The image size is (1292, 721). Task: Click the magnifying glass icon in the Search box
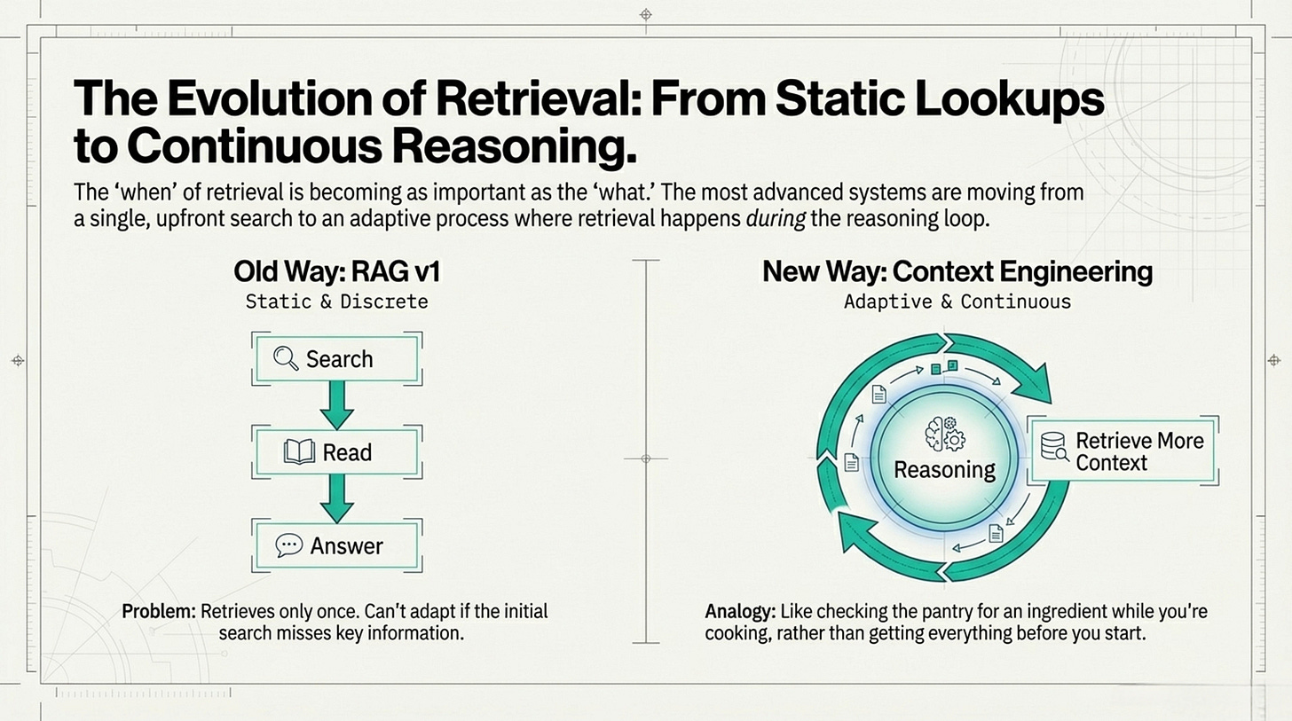(286, 359)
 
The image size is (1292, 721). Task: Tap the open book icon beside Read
(299, 452)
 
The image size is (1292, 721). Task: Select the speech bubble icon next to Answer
(289, 545)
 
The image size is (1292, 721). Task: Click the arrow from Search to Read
(336, 404)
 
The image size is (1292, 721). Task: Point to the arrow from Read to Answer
(336, 498)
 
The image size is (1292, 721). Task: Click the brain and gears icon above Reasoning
(944, 434)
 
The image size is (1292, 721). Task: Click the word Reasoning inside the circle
(944, 469)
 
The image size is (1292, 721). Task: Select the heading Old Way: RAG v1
(336, 271)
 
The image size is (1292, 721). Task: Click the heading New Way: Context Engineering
(957, 271)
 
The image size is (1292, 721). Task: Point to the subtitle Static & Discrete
(336, 302)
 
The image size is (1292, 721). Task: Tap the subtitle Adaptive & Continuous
(957, 302)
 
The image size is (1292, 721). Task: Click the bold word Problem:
(160, 612)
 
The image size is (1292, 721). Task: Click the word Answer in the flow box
(347, 545)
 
